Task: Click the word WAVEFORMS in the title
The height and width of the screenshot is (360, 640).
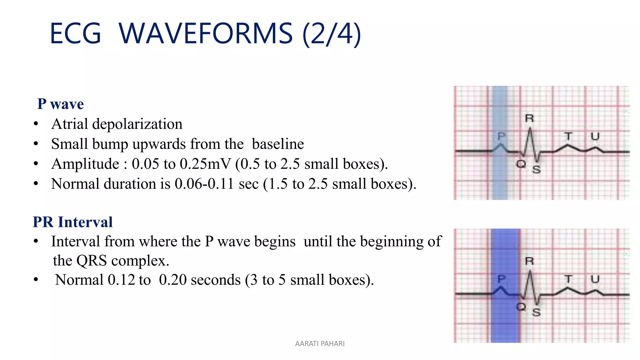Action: [x=205, y=33]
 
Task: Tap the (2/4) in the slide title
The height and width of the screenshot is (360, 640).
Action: [x=332, y=34]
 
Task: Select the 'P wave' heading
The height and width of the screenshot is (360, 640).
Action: [x=60, y=104]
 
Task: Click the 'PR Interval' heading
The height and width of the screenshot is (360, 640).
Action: [x=72, y=222]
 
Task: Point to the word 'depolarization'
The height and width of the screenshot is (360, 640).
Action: [x=137, y=124]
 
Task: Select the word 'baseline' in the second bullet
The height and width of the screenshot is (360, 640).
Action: [x=278, y=144]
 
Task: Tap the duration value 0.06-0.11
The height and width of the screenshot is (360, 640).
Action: [x=204, y=184]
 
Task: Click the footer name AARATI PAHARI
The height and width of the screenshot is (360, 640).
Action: [x=320, y=343]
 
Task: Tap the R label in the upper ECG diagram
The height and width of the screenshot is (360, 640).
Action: [x=529, y=118]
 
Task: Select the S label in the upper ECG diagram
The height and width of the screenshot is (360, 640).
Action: [x=537, y=169]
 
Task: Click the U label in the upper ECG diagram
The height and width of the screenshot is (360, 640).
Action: [x=595, y=136]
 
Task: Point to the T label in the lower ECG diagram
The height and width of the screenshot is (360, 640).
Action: [x=568, y=279]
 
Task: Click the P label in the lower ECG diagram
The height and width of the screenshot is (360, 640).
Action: [x=501, y=279]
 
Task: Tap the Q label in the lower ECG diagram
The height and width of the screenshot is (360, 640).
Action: [x=521, y=307]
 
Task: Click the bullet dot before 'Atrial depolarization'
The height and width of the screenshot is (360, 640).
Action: [x=36, y=124]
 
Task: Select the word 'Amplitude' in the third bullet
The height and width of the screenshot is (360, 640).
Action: [x=85, y=164]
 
